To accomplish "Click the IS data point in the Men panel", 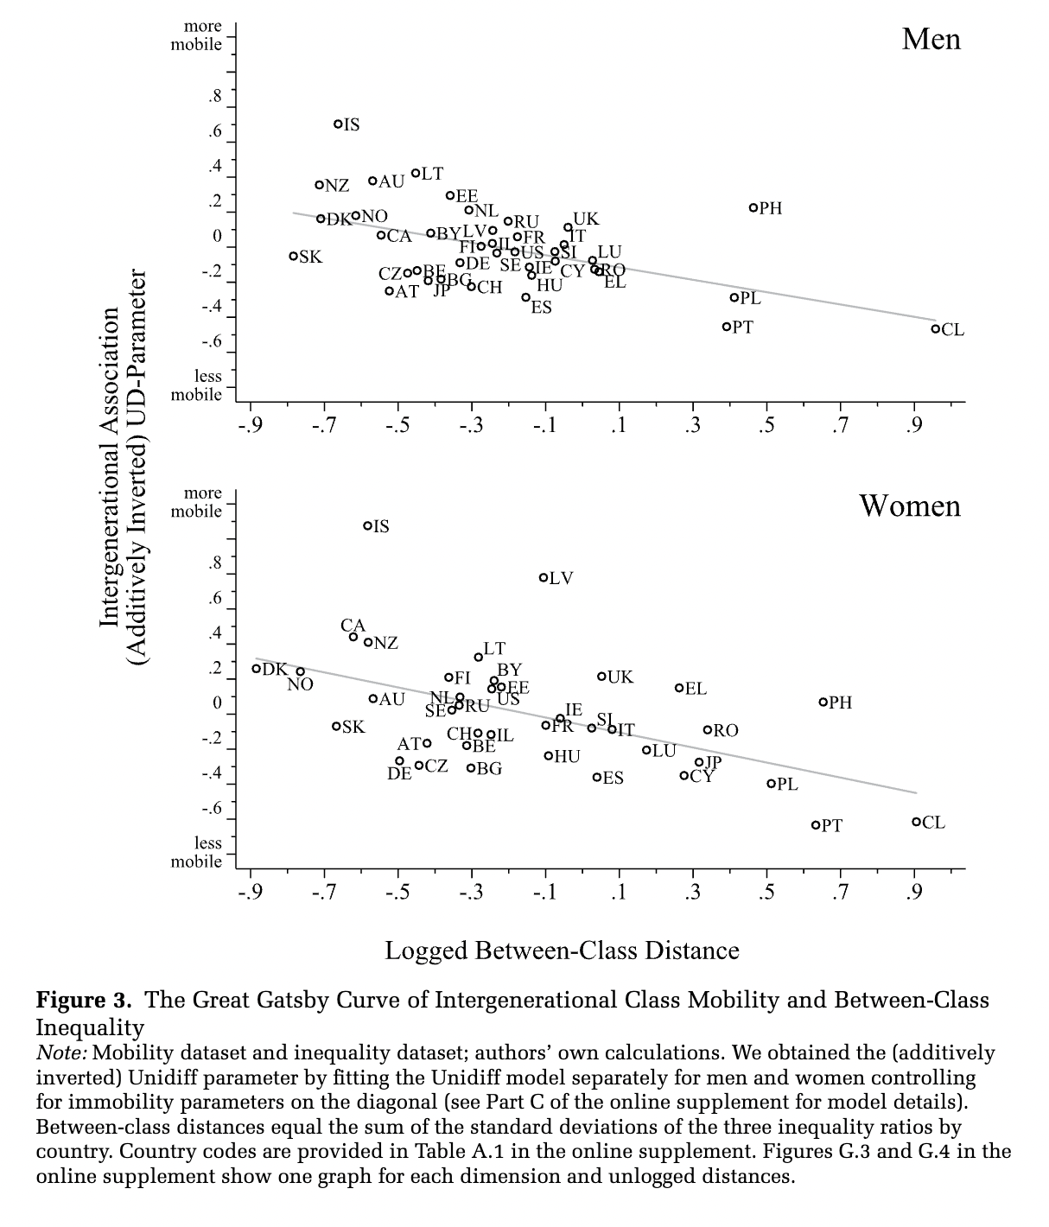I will pyautogui.click(x=339, y=124).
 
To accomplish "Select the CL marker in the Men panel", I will pyautogui.click(x=935, y=328).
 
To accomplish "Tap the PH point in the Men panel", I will pyautogui.click(x=753, y=208).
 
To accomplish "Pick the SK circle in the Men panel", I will pyautogui.click(x=294, y=256).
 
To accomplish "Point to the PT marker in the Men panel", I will pyautogui.click(x=727, y=327).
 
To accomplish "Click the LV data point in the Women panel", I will pyautogui.click(x=544, y=578).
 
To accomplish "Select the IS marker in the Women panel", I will pyautogui.click(x=367, y=525).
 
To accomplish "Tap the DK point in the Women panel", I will pyautogui.click(x=257, y=669).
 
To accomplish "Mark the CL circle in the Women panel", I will pyautogui.click(x=916, y=822).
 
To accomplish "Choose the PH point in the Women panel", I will pyautogui.click(x=823, y=703).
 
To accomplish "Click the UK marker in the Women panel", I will pyautogui.click(x=601, y=677).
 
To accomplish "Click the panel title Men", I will pyautogui.click(x=931, y=39).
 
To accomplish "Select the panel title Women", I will pyautogui.click(x=909, y=505).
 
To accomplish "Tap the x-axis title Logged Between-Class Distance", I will pyautogui.click(x=562, y=950).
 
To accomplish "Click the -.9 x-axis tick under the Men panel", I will pyautogui.click(x=250, y=425).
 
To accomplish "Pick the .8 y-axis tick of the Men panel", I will pyautogui.click(x=214, y=96).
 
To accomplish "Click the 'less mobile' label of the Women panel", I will pyautogui.click(x=196, y=852).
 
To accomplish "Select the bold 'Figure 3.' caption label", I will pyautogui.click(x=84, y=1001).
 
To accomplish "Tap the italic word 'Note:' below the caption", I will pyautogui.click(x=60, y=1053).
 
